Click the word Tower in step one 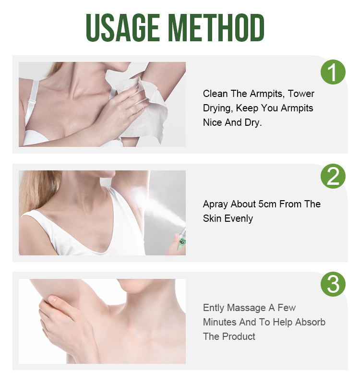301,94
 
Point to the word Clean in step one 215,94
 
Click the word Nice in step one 212,122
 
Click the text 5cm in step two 267,204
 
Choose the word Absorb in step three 309,322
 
